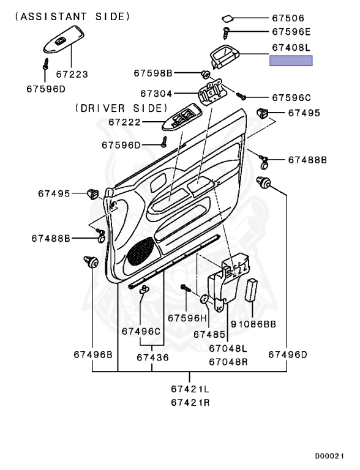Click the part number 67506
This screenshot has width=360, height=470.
tap(288, 18)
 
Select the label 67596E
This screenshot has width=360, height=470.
tap(291, 31)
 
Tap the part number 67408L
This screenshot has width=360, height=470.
tap(291, 47)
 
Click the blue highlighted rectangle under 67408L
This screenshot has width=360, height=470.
tap(291, 60)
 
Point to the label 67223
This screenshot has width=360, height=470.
tap(72, 75)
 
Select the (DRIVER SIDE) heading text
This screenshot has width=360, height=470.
tap(119, 108)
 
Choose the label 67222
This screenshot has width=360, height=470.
tap(126, 122)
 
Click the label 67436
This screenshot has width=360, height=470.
tap(152, 357)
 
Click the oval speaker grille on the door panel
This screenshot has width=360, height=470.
tap(141, 250)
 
